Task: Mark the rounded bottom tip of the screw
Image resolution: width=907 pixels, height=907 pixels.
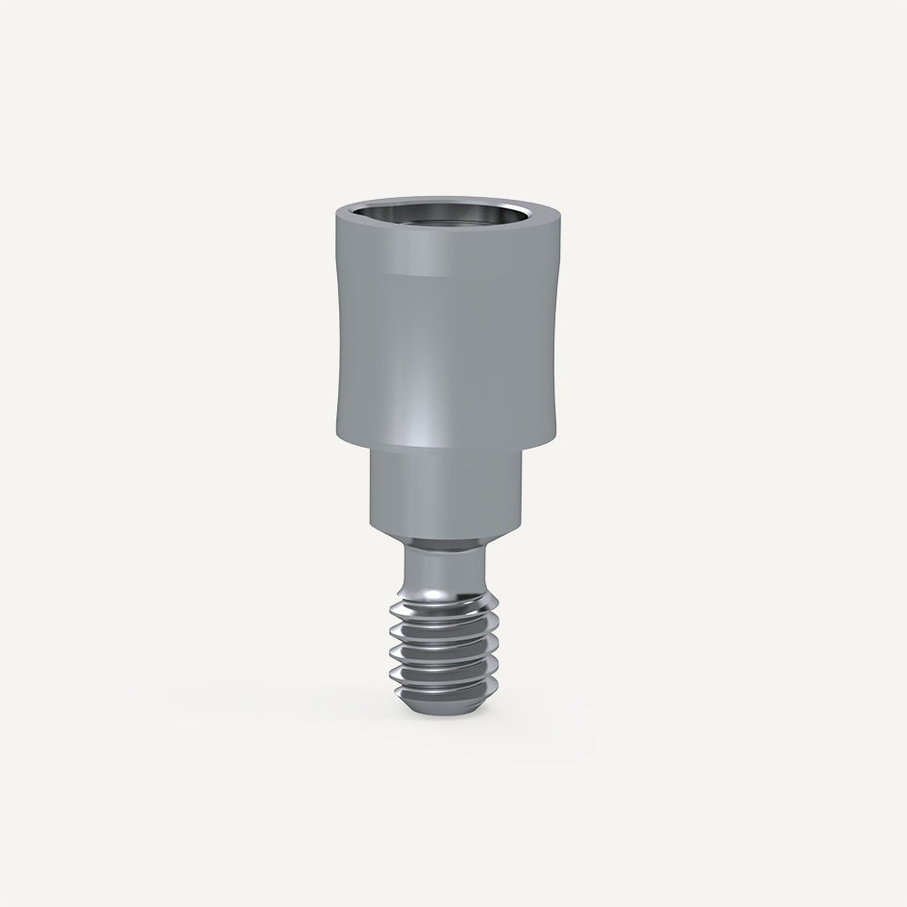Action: (x=448, y=706)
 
